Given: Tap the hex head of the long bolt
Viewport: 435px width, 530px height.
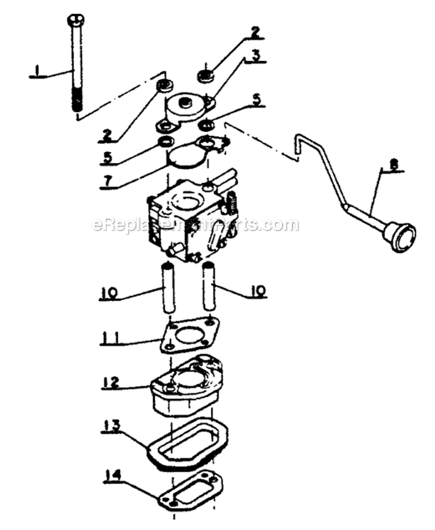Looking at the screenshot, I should [x=75, y=21].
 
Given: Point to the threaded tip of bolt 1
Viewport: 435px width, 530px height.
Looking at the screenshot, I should [x=76, y=105].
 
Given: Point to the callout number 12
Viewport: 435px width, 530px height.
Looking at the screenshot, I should [x=113, y=382].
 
